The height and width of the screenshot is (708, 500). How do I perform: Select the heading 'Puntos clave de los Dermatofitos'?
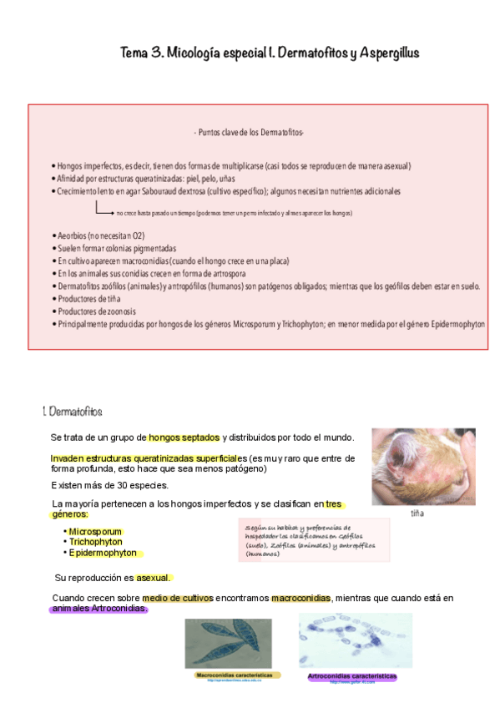[x=250, y=133]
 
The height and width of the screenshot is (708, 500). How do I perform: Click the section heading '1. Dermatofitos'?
[x=73, y=412]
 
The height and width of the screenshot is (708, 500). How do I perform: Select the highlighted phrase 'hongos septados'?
[x=184, y=437]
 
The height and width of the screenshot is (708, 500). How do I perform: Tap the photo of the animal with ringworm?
[x=423, y=467]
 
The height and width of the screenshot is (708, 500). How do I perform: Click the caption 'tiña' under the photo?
[x=417, y=513]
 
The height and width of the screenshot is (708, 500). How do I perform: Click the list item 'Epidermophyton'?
[x=103, y=553]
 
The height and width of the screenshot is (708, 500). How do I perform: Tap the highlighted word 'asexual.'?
[x=154, y=577]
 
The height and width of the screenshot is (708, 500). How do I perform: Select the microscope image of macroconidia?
[x=227, y=642]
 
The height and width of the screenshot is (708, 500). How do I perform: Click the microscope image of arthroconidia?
[x=355, y=640]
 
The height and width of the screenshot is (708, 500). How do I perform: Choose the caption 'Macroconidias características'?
[x=234, y=675]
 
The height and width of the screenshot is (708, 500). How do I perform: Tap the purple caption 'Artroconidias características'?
[x=351, y=675]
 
